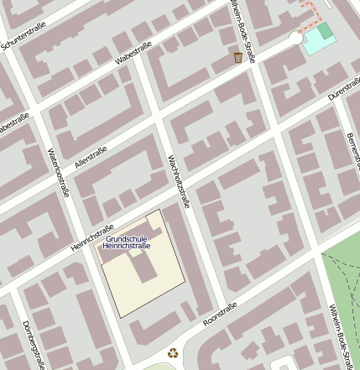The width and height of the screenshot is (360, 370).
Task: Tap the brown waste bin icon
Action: click(x=238, y=57)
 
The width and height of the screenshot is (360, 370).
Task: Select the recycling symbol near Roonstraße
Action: click(x=173, y=353)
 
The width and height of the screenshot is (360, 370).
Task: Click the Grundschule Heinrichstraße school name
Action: click(x=127, y=242)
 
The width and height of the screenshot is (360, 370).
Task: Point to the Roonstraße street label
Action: click(x=221, y=315)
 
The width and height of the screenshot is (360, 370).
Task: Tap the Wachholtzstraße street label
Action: click(x=179, y=181)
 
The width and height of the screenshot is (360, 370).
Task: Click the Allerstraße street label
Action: click(x=91, y=156)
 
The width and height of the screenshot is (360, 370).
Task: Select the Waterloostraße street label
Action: click(x=56, y=173)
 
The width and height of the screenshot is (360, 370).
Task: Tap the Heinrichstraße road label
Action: click(x=92, y=237)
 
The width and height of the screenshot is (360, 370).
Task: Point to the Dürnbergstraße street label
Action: click(x=32, y=344)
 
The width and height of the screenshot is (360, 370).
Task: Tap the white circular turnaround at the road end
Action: click(x=295, y=38)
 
